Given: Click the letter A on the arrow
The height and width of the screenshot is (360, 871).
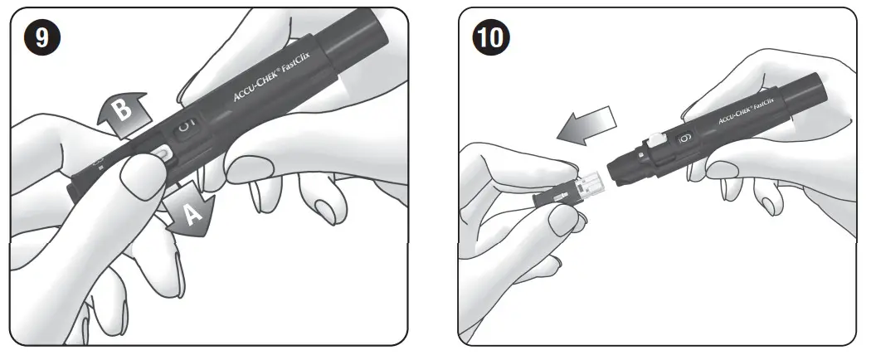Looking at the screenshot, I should (192, 215).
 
